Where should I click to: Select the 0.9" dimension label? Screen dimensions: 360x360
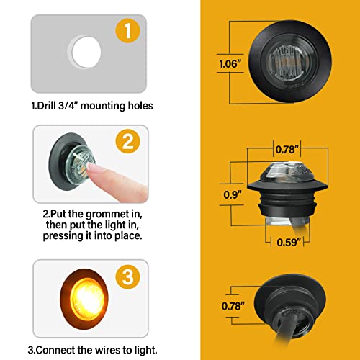[230, 194]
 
